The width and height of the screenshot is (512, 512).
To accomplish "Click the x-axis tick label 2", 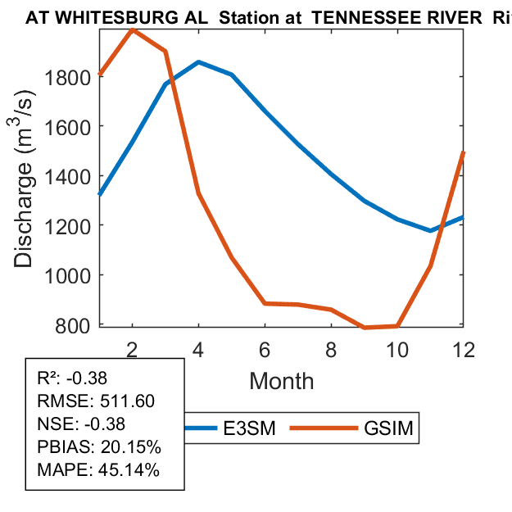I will (133, 348).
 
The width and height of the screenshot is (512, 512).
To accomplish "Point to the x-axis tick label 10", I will (397, 348).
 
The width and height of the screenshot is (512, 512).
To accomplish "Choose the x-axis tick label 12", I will (464, 348).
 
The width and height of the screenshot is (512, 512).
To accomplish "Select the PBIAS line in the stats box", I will (99, 447).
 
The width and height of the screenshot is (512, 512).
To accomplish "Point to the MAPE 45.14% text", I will (99, 470).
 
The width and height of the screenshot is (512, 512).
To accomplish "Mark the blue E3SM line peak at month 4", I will (199, 61).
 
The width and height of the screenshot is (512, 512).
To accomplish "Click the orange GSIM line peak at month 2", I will (133, 29).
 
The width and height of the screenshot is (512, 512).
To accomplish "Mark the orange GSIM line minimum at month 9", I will (365, 328).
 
